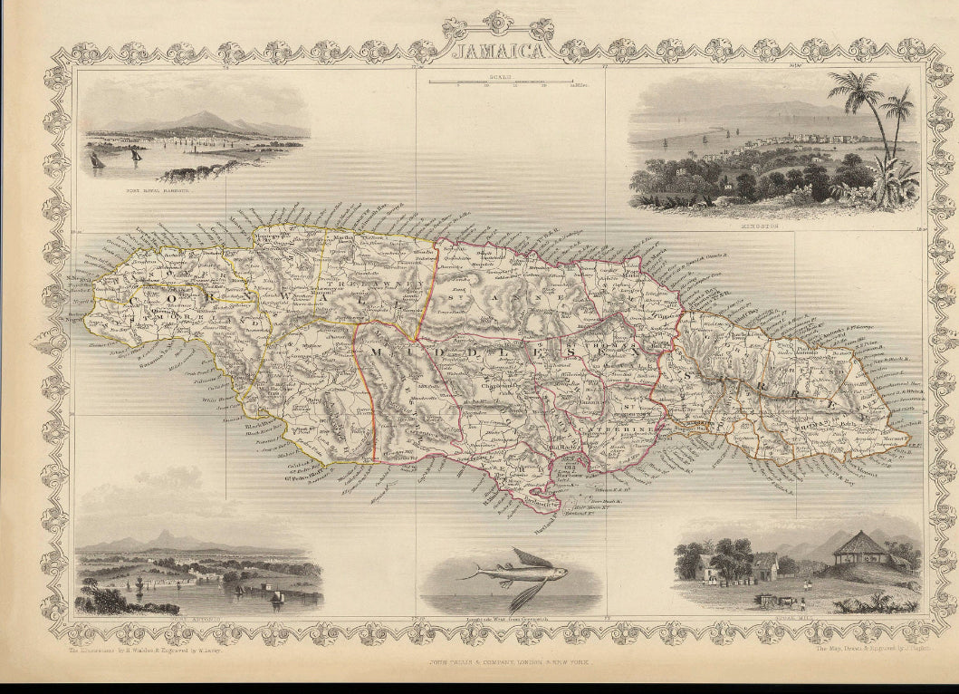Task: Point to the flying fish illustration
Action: tap(514, 573)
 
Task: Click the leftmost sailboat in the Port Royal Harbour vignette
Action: tap(97, 159)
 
